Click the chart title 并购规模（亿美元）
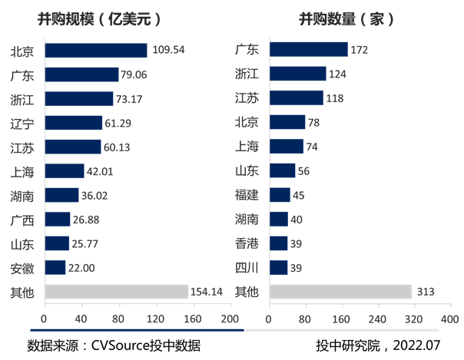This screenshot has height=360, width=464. pos(114,19)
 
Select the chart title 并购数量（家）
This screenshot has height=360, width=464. pos(346,19)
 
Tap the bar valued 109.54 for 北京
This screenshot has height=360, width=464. pos(96,51)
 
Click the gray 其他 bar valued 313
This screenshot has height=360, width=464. pos(340,292)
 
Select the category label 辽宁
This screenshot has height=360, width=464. pos(22,123)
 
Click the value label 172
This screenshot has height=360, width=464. pos(360,51)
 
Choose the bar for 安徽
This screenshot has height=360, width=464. pos(55,267)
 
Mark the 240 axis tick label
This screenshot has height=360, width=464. pos(377,319)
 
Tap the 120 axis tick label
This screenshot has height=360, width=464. pos(156,319)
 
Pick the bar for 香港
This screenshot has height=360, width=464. pos(279,243)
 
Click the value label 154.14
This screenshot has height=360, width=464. pos(208,292)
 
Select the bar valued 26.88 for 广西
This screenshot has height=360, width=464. pos(58,220)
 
